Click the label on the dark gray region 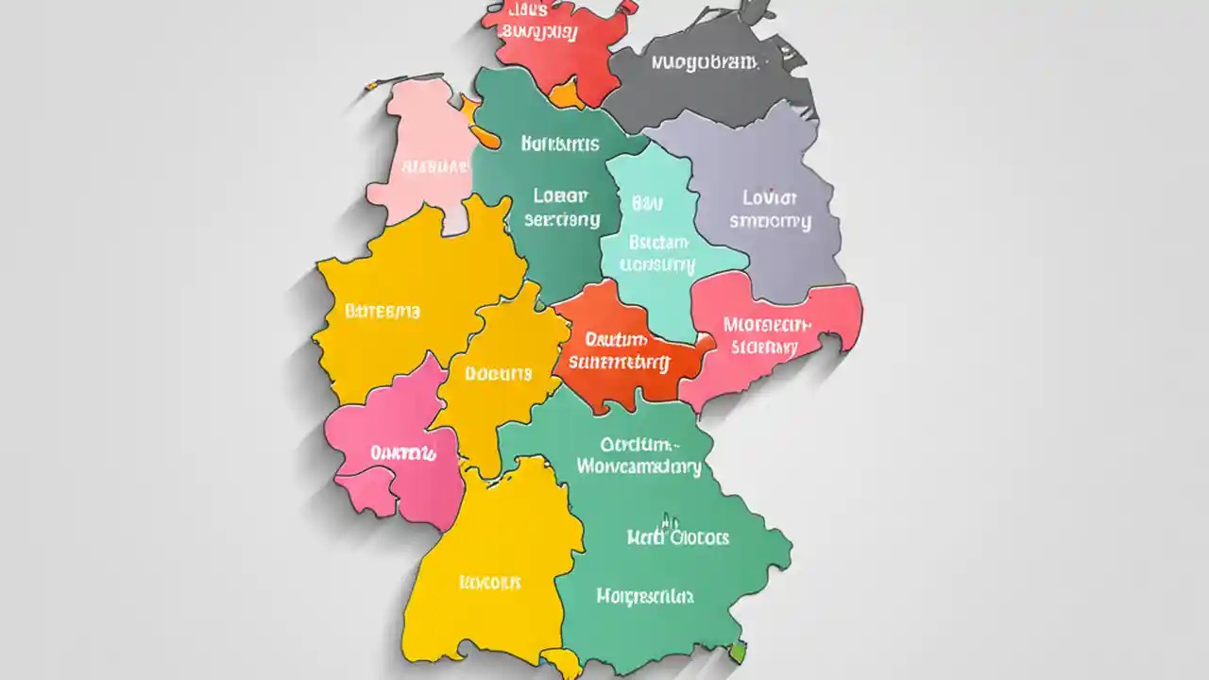point(704,63)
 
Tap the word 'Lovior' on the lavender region point(770,198)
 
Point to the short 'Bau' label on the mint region point(647,203)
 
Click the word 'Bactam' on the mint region point(659,242)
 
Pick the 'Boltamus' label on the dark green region point(560,144)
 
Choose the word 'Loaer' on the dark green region point(560,196)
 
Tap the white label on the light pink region point(435,167)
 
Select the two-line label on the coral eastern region point(767,335)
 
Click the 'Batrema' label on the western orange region point(383,311)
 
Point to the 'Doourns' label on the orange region point(499,373)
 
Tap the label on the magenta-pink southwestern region point(403,453)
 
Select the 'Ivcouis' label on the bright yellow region point(489,582)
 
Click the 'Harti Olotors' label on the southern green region point(678,537)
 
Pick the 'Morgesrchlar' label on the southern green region point(645,596)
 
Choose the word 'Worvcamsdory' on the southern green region point(639,467)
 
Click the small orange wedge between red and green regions point(567,94)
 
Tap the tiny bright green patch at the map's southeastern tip point(738,652)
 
